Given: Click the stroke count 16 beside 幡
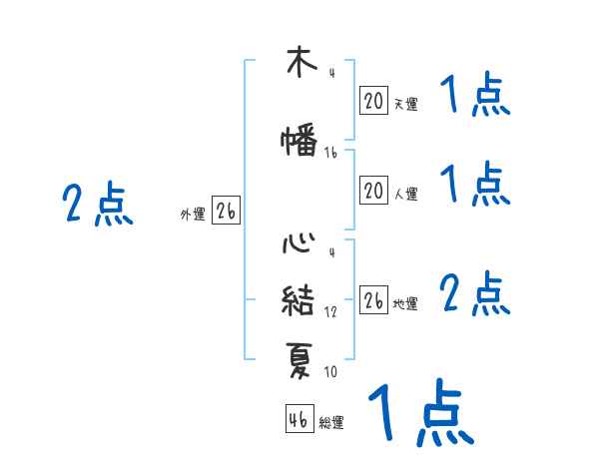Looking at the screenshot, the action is coord(330,153).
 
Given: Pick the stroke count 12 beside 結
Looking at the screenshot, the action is coord(330,312).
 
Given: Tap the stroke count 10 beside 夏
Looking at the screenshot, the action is coord(330,372).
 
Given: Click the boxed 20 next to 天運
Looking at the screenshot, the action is coord(373,101).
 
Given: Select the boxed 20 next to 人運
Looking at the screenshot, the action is coord(373,191).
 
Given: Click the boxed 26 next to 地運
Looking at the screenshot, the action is coord(373,300).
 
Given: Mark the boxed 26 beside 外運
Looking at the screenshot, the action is coord(226,212).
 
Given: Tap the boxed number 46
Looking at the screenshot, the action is coord(299,419).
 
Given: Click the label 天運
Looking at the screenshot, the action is coord(405,104).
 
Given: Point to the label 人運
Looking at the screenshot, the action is coord(405,194).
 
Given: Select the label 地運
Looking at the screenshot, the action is coord(405,303).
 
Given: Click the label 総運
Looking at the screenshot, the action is coord(331,423).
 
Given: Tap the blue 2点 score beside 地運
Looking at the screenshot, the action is coord(474,294).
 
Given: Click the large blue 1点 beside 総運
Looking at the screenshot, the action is coord(419,411).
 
